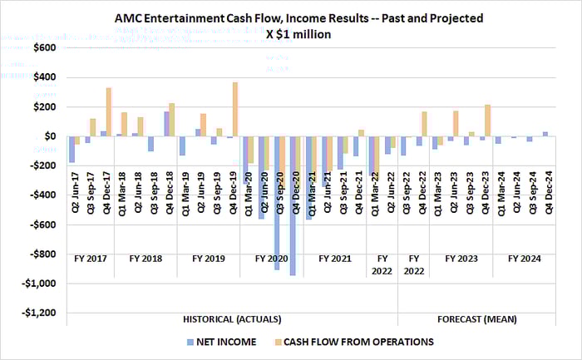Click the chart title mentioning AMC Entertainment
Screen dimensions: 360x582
298,17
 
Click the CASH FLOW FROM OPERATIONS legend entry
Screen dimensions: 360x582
358,341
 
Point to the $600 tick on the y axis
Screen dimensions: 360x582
44,48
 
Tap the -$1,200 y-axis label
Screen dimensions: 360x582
38,313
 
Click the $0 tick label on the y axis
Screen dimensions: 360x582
50,136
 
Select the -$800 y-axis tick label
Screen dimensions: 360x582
42,254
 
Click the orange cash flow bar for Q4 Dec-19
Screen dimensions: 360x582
235,109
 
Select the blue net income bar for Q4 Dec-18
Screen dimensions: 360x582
166,124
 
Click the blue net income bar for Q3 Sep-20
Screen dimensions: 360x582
277,203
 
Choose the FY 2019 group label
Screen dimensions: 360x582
209,259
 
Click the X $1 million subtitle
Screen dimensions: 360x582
298,34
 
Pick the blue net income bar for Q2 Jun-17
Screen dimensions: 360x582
72,149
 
